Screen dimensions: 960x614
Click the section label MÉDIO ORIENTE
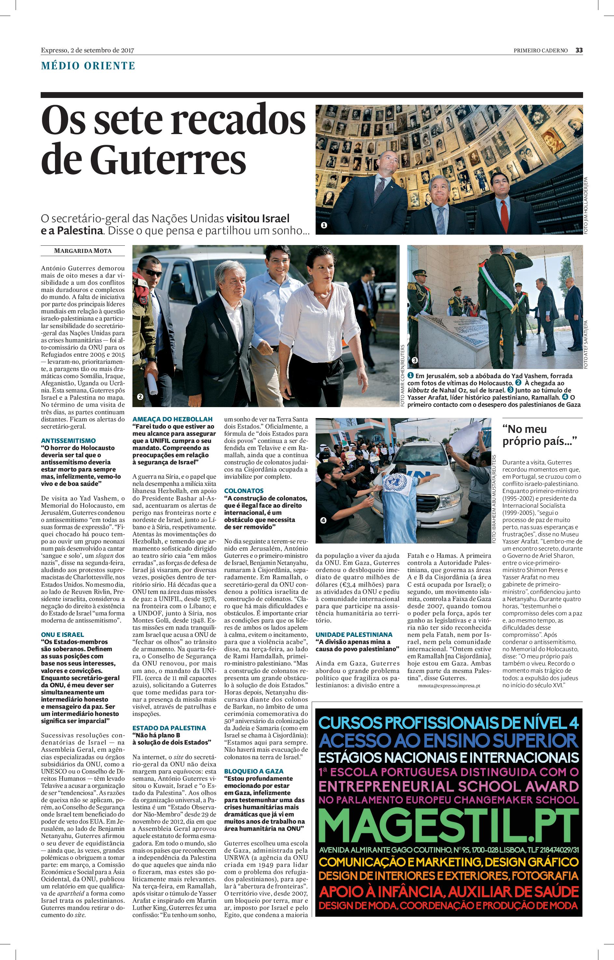[88, 66]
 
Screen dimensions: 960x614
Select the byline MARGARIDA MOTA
[83, 251]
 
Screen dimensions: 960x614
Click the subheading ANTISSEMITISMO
[68, 441]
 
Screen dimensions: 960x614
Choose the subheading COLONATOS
[244, 491]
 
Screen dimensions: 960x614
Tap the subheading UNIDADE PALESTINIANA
[354, 634]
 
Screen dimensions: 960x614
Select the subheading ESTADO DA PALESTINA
[170, 728]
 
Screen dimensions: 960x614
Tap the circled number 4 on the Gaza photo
[323, 520]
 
